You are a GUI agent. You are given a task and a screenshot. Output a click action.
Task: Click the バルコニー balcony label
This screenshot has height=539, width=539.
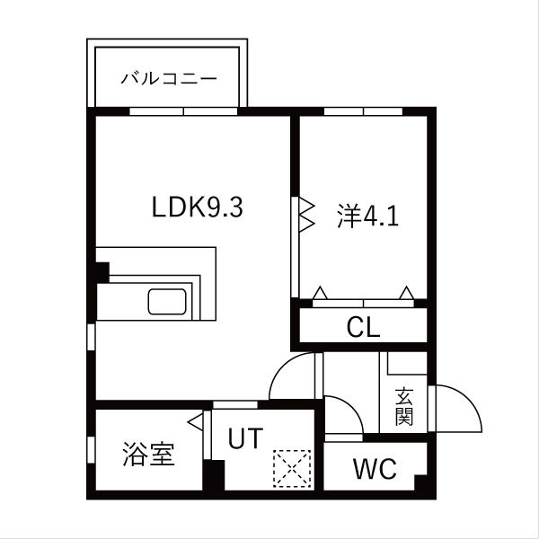(170, 79)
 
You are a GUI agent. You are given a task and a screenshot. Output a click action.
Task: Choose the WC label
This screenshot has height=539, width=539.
(376, 469)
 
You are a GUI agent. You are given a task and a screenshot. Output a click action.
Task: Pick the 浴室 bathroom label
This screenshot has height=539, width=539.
(148, 455)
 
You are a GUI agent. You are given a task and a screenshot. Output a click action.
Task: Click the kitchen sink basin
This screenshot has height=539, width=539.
(167, 303)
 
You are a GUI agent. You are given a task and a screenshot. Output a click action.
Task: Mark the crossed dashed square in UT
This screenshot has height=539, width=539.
(291, 466)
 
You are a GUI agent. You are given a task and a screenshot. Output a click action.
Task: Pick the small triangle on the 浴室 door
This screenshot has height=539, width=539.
(193, 419)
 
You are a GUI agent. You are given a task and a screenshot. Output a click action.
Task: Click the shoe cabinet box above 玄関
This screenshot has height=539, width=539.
(405, 364)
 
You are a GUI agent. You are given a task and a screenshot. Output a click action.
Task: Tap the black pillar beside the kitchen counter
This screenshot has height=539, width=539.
(101, 272)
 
